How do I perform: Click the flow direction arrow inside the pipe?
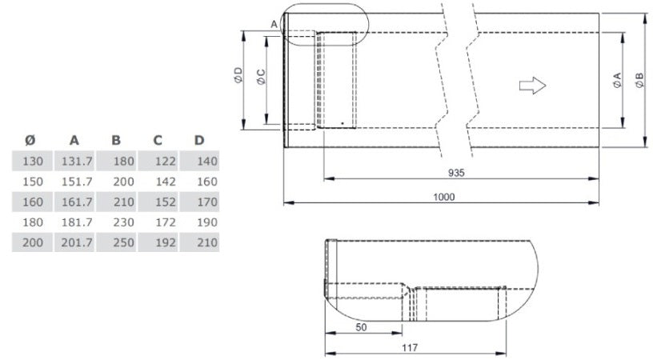tap(532, 86)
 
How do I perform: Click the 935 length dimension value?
tap(456, 173)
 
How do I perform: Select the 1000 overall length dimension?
tap(444, 197)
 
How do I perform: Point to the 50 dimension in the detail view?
tap(361, 327)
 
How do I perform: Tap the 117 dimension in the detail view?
tap(410, 347)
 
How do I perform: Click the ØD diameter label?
tap(238, 75)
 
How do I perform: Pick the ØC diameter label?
tap(262, 77)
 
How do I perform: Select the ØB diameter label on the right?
tap(640, 80)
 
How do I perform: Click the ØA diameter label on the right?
tap(618, 80)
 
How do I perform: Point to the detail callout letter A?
tap(274, 25)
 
